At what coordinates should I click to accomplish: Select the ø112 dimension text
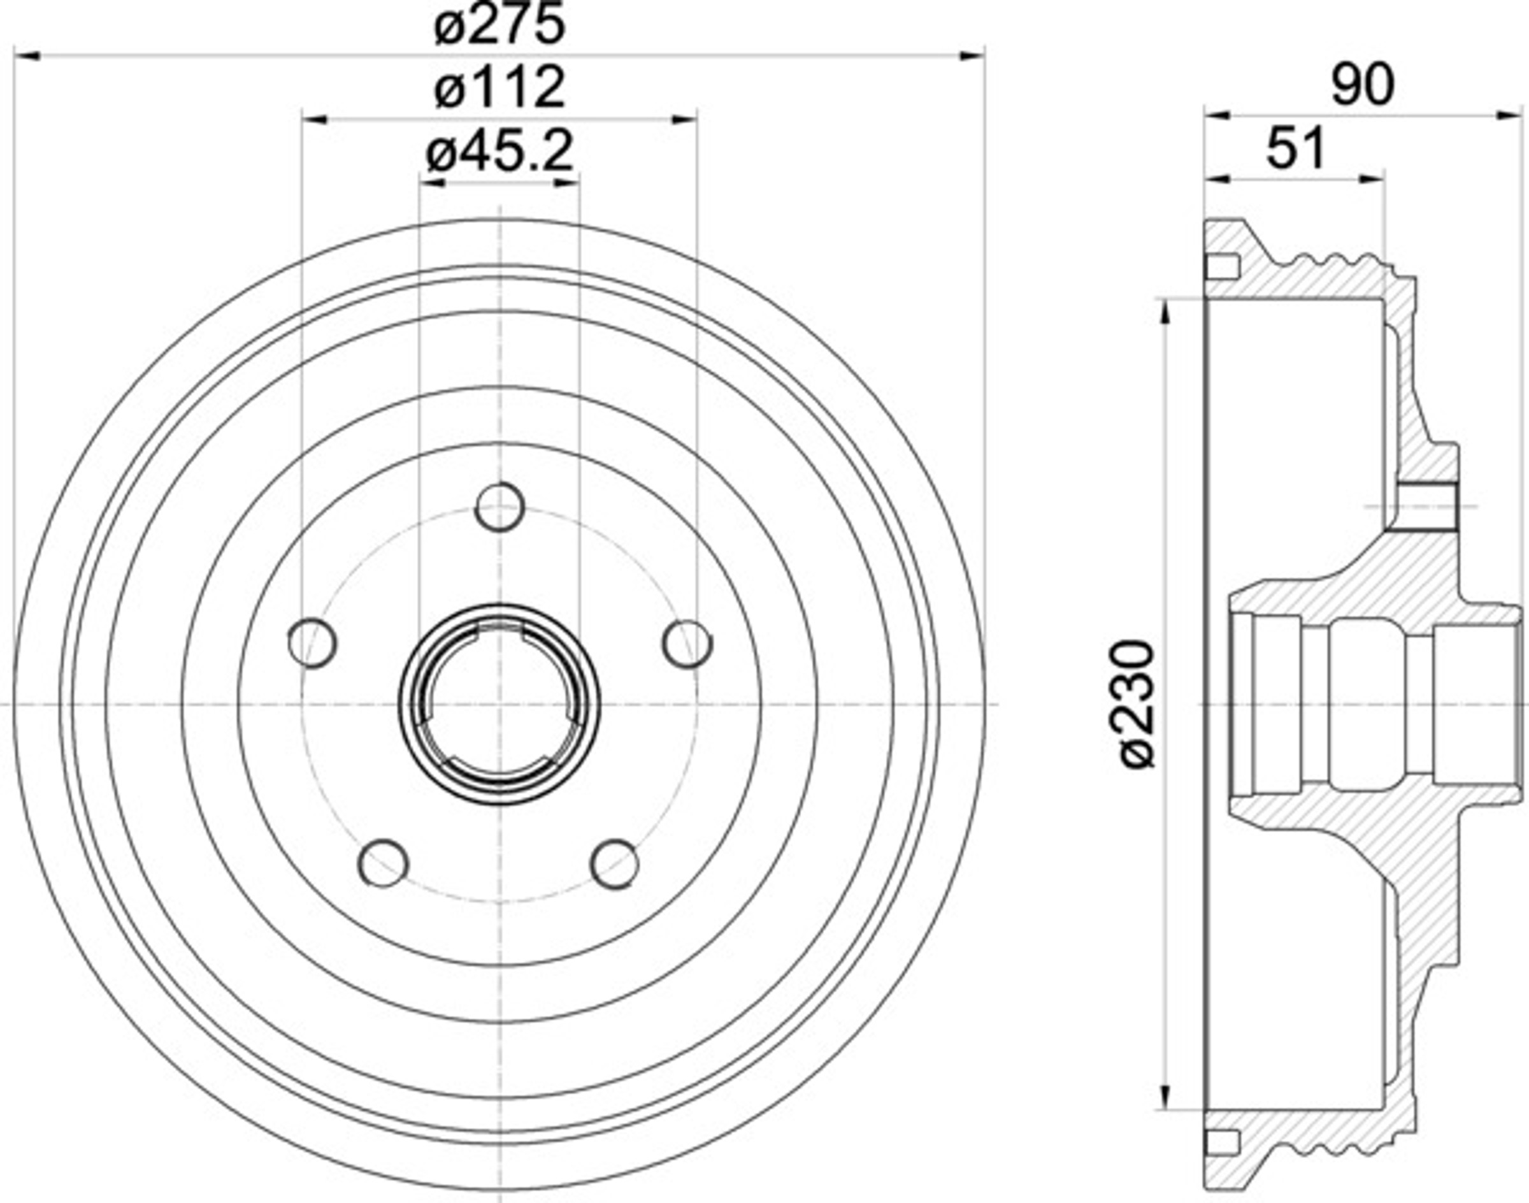[x=500, y=87]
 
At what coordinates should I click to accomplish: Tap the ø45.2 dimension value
[x=500, y=152]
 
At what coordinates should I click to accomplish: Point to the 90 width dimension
[x=1363, y=86]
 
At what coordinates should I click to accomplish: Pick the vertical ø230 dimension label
[x=1135, y=703]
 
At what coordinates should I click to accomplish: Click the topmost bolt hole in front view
[x=500, y=507]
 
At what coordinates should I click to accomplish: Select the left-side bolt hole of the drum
[x=312, y=643]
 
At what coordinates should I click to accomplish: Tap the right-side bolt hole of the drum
[x=688, y=643]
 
